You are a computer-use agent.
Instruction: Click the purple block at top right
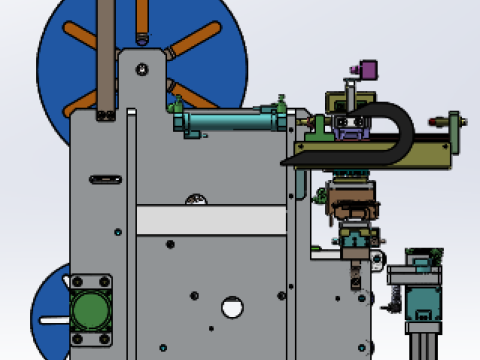tap(367, 70)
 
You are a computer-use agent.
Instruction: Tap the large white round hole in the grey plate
tap(232, 306)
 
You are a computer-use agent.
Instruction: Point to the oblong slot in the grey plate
tap(104, 180)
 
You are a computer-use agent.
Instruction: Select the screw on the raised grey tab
tap(143, 69)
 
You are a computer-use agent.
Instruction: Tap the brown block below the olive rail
tap(355, 211)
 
